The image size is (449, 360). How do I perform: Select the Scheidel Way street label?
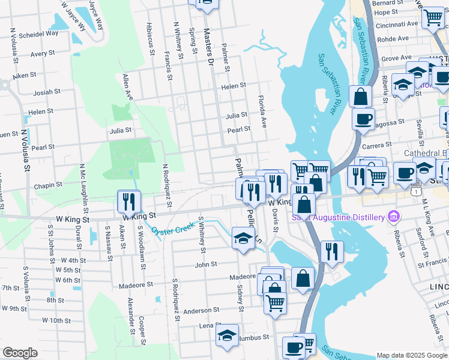click(37, 34)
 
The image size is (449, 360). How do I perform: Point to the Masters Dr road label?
click(208, 46)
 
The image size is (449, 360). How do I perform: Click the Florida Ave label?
click(262, 111)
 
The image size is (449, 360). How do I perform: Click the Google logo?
click(20, 353)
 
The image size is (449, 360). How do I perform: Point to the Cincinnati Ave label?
click(396, 25)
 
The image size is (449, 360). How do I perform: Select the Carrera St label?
click(377, 145)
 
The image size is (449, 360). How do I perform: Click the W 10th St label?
click(56, 320)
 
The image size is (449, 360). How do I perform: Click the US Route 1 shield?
click(415, 191)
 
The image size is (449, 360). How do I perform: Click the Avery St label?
click(43, 54)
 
